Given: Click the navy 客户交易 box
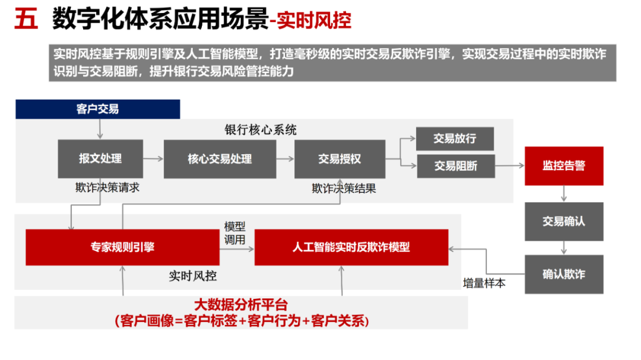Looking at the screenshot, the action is point(97,109).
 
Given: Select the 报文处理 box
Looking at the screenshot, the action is point(100,159).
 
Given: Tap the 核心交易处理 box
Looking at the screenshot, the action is point(220,159).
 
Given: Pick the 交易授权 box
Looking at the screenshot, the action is point(339,159).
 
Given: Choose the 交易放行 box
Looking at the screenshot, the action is point(455,139).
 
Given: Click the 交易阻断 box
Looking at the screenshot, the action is point(455,166).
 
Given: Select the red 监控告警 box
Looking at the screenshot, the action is point(564,166).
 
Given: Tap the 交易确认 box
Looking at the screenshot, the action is point(564,221).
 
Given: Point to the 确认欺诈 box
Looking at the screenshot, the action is point(564,275).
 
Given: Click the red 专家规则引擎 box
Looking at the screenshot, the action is point(122,247).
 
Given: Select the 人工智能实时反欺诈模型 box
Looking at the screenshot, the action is point(351,247).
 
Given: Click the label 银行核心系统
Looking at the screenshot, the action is point(261,130).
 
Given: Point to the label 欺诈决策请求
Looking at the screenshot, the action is point(107,187).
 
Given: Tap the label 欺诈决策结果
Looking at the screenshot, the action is point(344,189).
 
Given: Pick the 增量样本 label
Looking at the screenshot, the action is point(484,283).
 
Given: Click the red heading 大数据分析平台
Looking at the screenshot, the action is point(241,305).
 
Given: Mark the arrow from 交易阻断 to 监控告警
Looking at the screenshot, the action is point(509,167).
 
